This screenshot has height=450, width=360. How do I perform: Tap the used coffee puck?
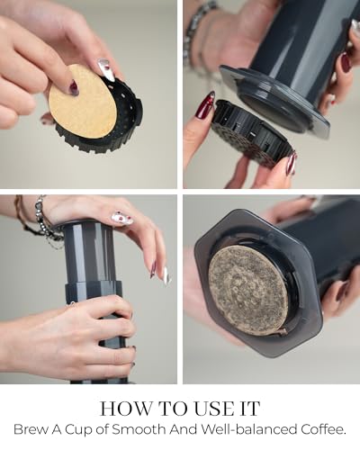pyautogui.click(x=248, y=288)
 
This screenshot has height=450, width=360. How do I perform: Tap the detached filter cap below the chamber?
pyautogui.click(x=252, y=135)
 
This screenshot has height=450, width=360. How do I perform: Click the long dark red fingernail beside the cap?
pyautogui.click(x=205, y=105)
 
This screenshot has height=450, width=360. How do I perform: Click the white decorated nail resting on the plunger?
pyautogui.click(x=122, y=218)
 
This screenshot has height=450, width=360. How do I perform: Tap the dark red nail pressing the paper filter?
pyautogui.click(x=74, y=87)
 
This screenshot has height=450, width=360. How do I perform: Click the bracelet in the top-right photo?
pyautogui.click(x=198, y=33)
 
